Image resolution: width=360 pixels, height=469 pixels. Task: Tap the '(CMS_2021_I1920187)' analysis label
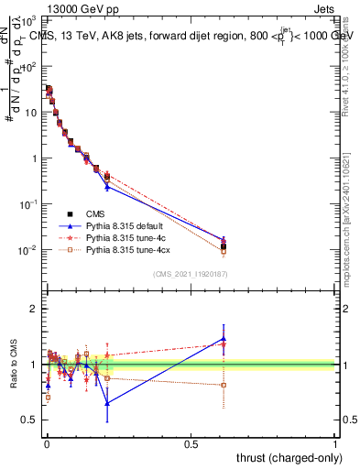(x=191, y=274)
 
